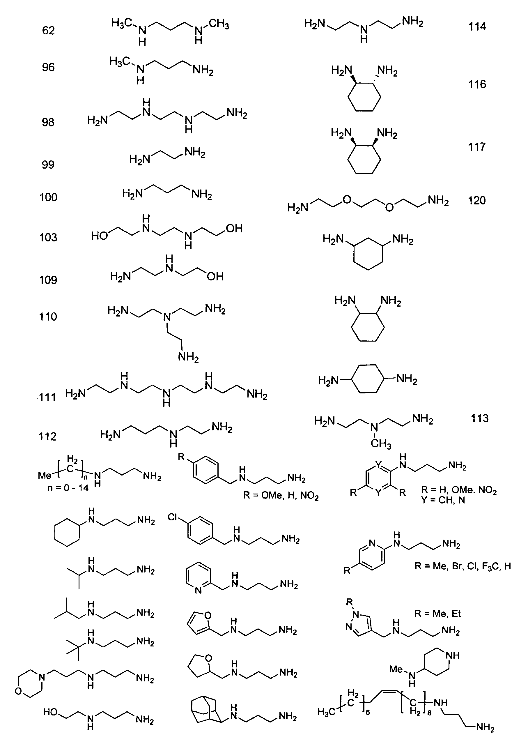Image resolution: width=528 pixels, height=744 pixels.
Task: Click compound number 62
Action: pos(48,30)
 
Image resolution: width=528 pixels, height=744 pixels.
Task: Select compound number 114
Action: pos(477,26)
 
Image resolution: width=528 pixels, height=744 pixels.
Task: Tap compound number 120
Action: pos(477,200)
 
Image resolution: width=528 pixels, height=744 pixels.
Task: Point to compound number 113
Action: pos(480,418)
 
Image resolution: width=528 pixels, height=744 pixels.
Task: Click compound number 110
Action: pos(48,317)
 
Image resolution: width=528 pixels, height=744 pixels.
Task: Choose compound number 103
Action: pos(48,237)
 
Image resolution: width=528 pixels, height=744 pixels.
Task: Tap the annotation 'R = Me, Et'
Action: pos(437,614)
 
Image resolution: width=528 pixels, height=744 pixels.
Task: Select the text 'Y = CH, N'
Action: pos(443,500)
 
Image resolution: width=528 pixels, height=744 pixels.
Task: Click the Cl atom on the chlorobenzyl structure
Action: pos(173,517)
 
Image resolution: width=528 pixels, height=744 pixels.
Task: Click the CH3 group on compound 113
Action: pos(381,443)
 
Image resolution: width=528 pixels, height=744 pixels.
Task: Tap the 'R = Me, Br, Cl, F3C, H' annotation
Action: pos(463,566)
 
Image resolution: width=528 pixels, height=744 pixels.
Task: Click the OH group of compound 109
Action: pos(215,276)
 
